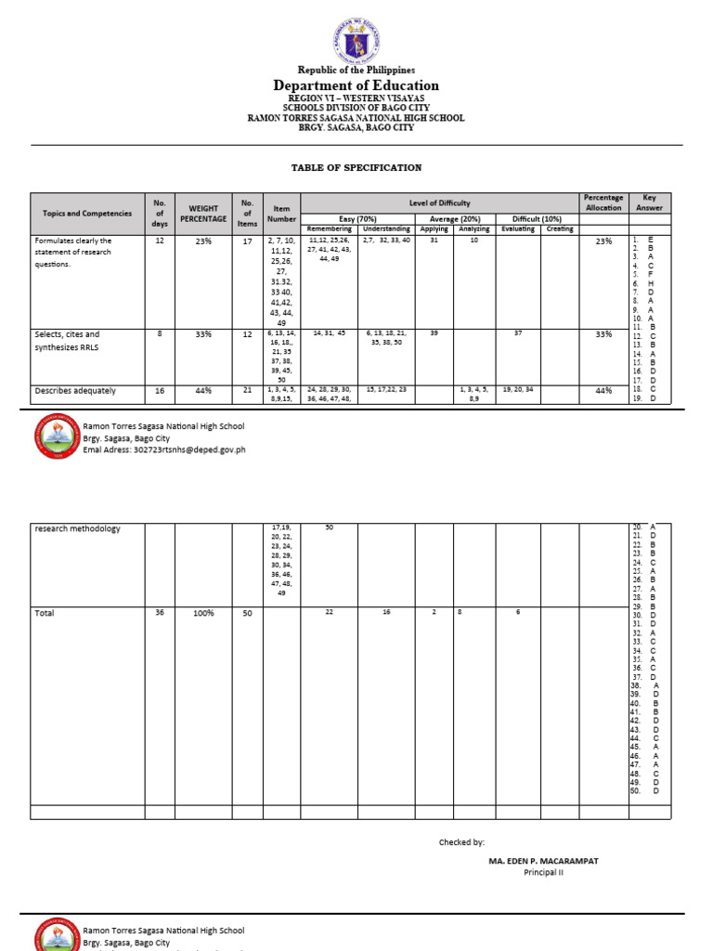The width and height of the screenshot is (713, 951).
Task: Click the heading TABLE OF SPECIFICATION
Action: click(x=356, y=168)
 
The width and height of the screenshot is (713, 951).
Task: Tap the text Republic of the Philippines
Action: click(x=356, y=71)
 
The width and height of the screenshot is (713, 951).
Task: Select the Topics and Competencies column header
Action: click(x=87, y=214)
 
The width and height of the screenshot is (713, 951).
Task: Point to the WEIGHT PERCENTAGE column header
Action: click(x=203, y=214)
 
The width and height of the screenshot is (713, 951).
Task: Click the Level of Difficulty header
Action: click(x=440, y=202)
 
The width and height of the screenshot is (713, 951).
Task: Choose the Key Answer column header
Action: click(x=649, y=202)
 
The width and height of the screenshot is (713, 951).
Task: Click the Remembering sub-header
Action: click(x=330, y=229)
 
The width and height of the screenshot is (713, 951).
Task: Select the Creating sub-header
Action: click(x=560, y=229)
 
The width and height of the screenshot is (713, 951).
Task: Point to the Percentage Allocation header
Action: click(x=603, y=202)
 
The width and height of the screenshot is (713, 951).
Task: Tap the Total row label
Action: click(x=45, y=613)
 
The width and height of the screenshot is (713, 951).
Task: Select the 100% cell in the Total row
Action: click(x=203, y=613)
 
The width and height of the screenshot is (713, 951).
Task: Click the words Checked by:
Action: click(x=461, y=842)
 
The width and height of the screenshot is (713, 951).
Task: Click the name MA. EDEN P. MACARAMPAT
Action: click(x=543, y=861)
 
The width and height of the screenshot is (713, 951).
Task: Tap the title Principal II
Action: click(x=543, y=873)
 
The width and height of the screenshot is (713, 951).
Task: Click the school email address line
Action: click(x=164, y=449)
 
